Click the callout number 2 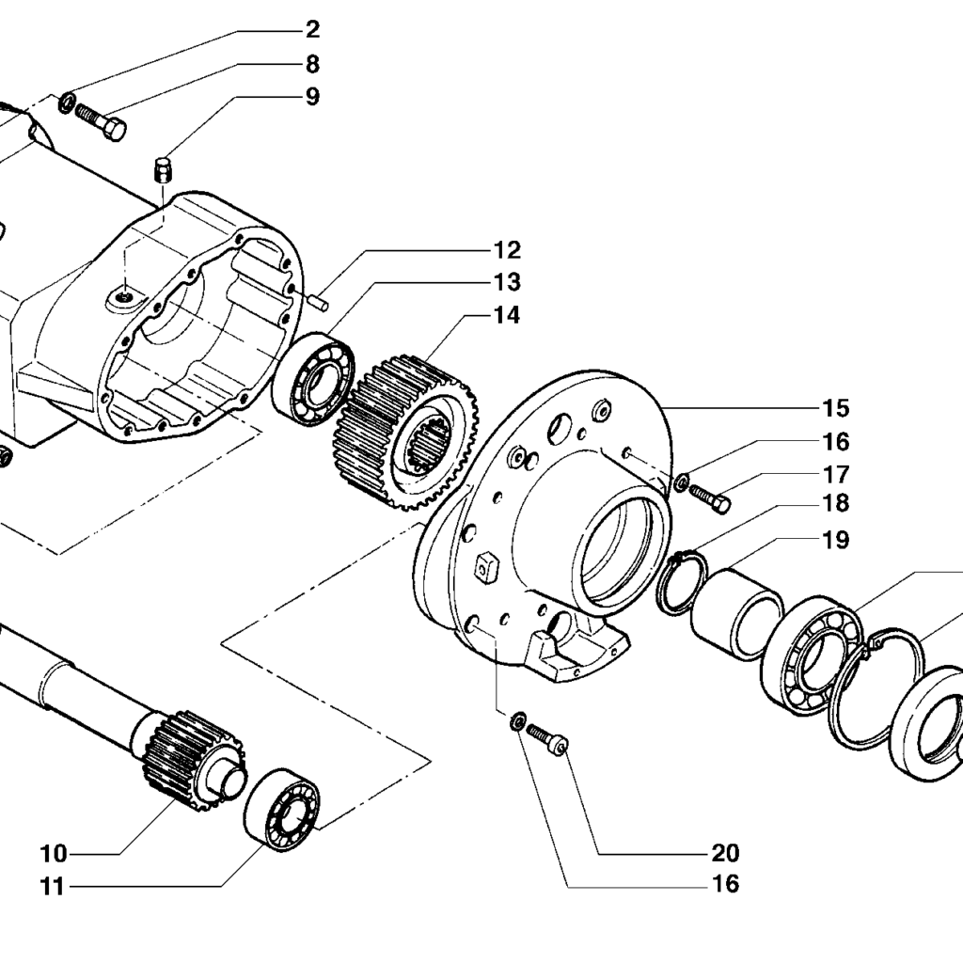tap(312, 30)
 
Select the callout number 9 tap(312, 97)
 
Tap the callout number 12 tap(507, 250)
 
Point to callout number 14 tap(507, 315)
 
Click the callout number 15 tap(836, 408)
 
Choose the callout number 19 tap(836, 541)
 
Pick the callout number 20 tap(725, 852)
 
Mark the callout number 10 tap(54, 853)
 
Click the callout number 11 tap(53, 886)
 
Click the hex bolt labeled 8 tap(102, 121)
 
